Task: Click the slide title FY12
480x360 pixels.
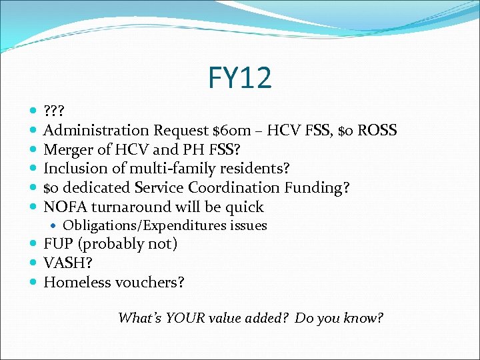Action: (x=239, y=78)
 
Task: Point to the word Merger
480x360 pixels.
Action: (x=70, y=149)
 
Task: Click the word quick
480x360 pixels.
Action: (x=243, y=207)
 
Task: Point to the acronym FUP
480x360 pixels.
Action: (x=58, y=244)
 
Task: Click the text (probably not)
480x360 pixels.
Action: (x=128, y=244)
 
